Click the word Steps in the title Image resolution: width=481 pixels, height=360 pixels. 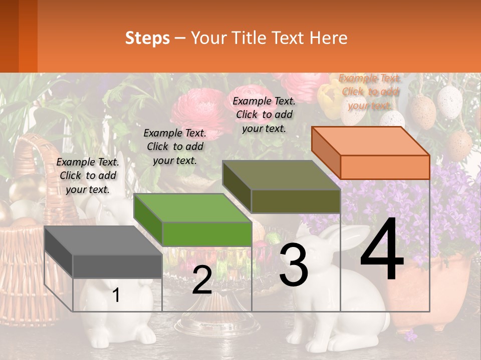[x=147, y=38]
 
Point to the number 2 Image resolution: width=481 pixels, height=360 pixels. [x=202, y=280]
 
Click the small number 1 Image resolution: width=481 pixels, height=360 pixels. [x=116, y=295]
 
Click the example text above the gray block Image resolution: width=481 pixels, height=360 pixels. [x=88, y=175]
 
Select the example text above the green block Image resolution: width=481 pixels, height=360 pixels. [x=175, y=146]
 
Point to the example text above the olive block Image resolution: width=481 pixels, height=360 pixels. [x=264, y=114]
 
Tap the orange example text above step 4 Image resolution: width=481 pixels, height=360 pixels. [x=370, y=91]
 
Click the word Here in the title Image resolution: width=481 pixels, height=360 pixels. [x=329, y=38]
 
